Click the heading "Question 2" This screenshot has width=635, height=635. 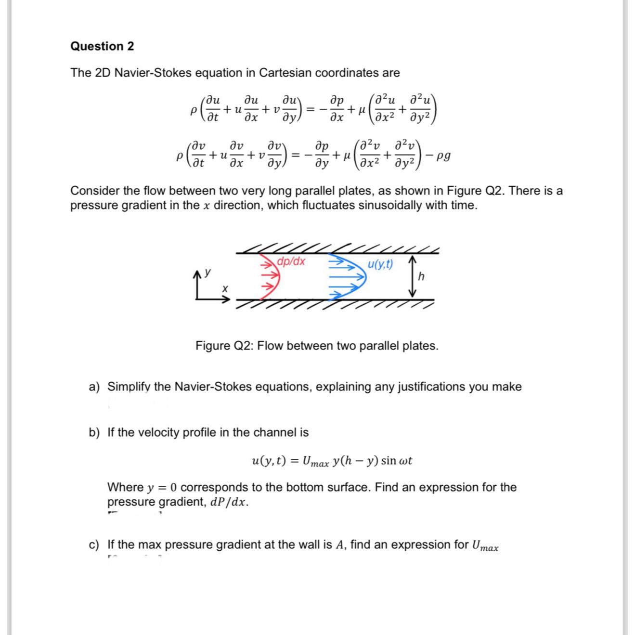pyautogui.click(x=102, y=46)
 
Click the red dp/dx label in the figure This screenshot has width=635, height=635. pyautogui.click(x=292, y=261)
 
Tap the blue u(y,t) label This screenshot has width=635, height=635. pyautogui.click(x=380, y=264)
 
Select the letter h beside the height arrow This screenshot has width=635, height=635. pyautogui.click(x=422, y=276)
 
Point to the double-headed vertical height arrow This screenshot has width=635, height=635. pyautogui.click(x=412, y=276)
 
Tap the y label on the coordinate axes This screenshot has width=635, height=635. pyautogui.click(x=208, y=272)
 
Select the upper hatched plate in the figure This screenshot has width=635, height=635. pyautogui.click(x=337, y=249)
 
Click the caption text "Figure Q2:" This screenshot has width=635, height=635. pyautogui.click(x=224, y=346)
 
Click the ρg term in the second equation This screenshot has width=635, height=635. pyautogui.click(x=441, y=156)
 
